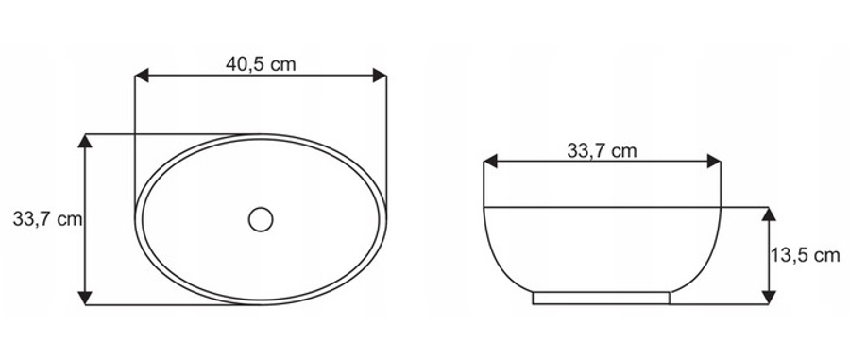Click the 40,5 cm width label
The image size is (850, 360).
click(x=261, y=64)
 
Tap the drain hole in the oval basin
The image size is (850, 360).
click(x=261, y=219)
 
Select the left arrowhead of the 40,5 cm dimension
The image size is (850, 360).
click(x=142, y=76)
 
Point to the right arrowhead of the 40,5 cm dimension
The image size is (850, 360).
click(x=380, y=76)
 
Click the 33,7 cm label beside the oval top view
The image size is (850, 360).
click(x=48, y=219)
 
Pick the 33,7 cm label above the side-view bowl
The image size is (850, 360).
click(x=602, y=150)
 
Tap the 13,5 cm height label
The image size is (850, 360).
click(x=806, y=255)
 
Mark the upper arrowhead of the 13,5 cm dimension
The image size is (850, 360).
click(x=769, y=214)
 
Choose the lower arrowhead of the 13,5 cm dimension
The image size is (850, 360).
click(x=769, y=298)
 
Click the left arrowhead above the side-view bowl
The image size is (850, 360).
click(x=490, y=161)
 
